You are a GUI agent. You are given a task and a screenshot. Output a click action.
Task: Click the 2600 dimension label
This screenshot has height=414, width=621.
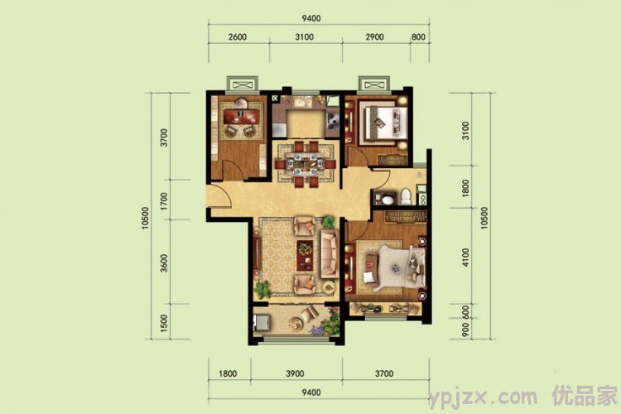(238, 36)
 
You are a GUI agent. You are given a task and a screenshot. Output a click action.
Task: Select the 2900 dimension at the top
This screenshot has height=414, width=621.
(374, 36)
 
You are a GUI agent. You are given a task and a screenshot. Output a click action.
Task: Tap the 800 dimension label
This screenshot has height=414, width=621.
(418, 36)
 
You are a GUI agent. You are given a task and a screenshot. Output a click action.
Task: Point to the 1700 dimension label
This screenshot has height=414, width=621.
(164, 201)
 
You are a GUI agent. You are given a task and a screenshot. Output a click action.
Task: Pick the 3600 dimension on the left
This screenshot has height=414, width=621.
(164, 263)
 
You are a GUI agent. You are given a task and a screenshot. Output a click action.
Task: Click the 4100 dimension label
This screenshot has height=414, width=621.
(465, 258)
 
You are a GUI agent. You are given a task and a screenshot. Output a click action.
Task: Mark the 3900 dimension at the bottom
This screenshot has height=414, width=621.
(295, 373)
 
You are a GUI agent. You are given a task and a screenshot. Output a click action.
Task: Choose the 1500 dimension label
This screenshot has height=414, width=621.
(164, 323)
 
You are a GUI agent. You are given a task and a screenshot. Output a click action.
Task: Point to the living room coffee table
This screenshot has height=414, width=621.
(305, 253)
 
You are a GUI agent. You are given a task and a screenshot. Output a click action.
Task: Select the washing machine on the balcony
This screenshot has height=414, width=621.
(262, 322)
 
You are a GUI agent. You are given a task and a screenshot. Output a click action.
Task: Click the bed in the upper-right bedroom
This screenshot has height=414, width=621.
(383, 122)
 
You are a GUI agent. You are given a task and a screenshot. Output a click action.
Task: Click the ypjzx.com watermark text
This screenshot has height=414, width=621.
(484, 397)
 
